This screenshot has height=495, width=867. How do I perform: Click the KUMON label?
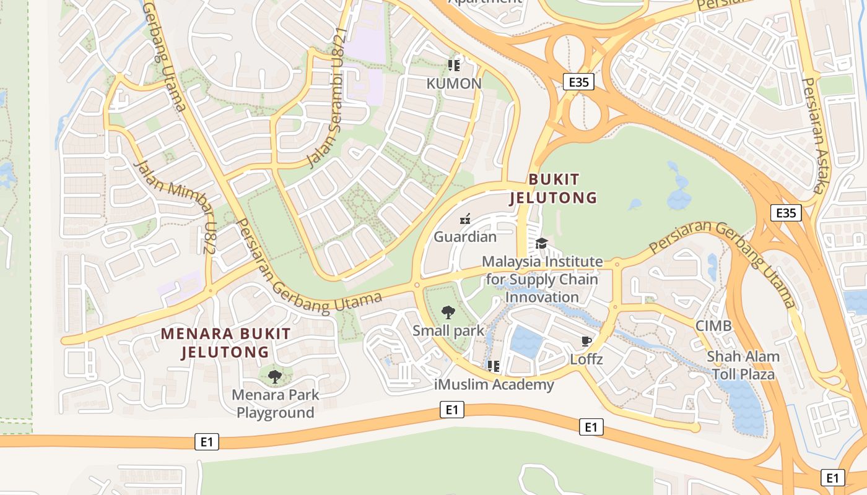454,84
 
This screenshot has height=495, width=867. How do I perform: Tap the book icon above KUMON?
454,64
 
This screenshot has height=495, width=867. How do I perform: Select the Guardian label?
465,236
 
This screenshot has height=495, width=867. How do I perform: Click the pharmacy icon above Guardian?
465,218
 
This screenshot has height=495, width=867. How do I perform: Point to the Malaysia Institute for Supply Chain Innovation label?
542,279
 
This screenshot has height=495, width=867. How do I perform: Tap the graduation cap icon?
542,243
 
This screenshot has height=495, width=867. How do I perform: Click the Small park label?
448,330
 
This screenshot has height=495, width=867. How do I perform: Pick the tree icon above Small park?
448,312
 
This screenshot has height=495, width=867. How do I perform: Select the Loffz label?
586,359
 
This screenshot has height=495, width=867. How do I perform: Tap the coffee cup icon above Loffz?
586,341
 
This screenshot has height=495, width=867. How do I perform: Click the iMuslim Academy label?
494,385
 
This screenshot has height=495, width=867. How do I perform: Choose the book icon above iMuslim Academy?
494,366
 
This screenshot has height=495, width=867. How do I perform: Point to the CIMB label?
713,325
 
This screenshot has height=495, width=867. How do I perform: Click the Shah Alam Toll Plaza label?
743,365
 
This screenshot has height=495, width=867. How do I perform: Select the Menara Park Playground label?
276,403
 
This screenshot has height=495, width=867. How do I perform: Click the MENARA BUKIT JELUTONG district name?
225,343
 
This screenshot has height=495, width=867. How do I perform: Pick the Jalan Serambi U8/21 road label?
325,99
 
